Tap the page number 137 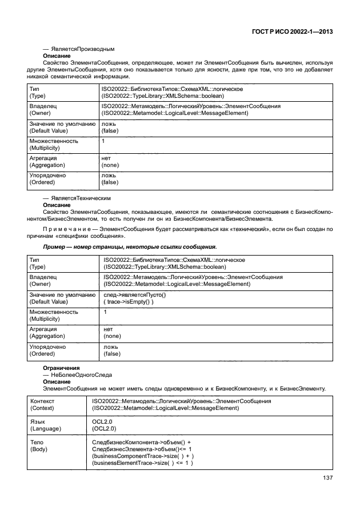(327, 479)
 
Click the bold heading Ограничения (62, 368)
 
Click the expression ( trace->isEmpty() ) (129, 301)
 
